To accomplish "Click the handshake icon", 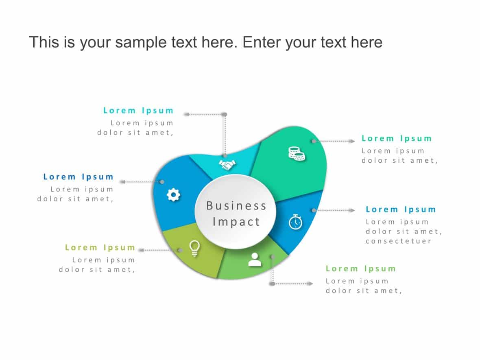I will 228,165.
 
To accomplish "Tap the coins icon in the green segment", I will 297,154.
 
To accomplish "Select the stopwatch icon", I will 296,222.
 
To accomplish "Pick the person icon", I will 255,260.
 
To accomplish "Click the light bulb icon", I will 195,248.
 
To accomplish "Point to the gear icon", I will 173,195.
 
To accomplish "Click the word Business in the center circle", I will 236,205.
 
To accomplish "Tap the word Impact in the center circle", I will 236,222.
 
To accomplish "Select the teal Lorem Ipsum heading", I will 138,111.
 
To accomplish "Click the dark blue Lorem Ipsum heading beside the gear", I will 79,177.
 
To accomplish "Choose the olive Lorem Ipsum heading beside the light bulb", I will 100,248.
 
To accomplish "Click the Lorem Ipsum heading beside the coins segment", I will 397,139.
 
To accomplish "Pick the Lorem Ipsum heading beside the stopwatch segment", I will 401,210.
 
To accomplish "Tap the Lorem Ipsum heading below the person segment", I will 361,269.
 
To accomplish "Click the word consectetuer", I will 398,241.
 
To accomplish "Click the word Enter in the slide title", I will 261,42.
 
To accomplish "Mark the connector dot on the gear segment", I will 162,182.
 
